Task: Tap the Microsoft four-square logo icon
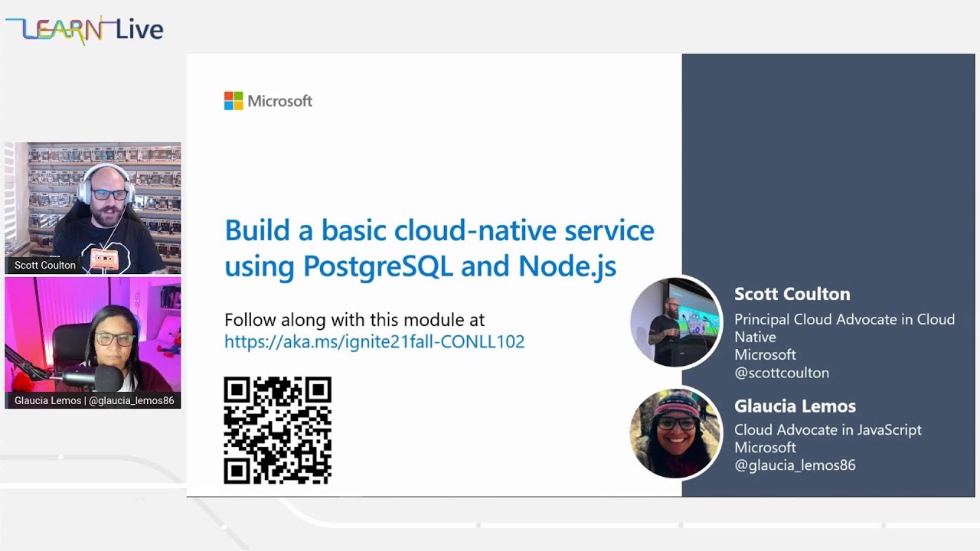pos(234,101)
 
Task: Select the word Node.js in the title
pos(567,266)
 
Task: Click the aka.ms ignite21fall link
pos(374,341)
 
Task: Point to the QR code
pos(277,430)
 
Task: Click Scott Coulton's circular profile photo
pos(675,322)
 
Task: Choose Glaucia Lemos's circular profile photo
pos(675,433)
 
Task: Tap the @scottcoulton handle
pos(781,373)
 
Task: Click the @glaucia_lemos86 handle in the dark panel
pos(795,465)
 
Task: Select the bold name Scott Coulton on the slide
pos(792,294)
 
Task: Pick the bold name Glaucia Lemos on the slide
pos(795,406)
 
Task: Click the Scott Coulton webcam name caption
pos(45,266)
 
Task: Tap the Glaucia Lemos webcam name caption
pos(93,400)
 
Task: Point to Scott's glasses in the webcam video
pos(109,194)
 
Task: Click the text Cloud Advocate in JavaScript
pos(828,430)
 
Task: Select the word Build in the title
pos(257,230)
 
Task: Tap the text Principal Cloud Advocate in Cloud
pos(844,319)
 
